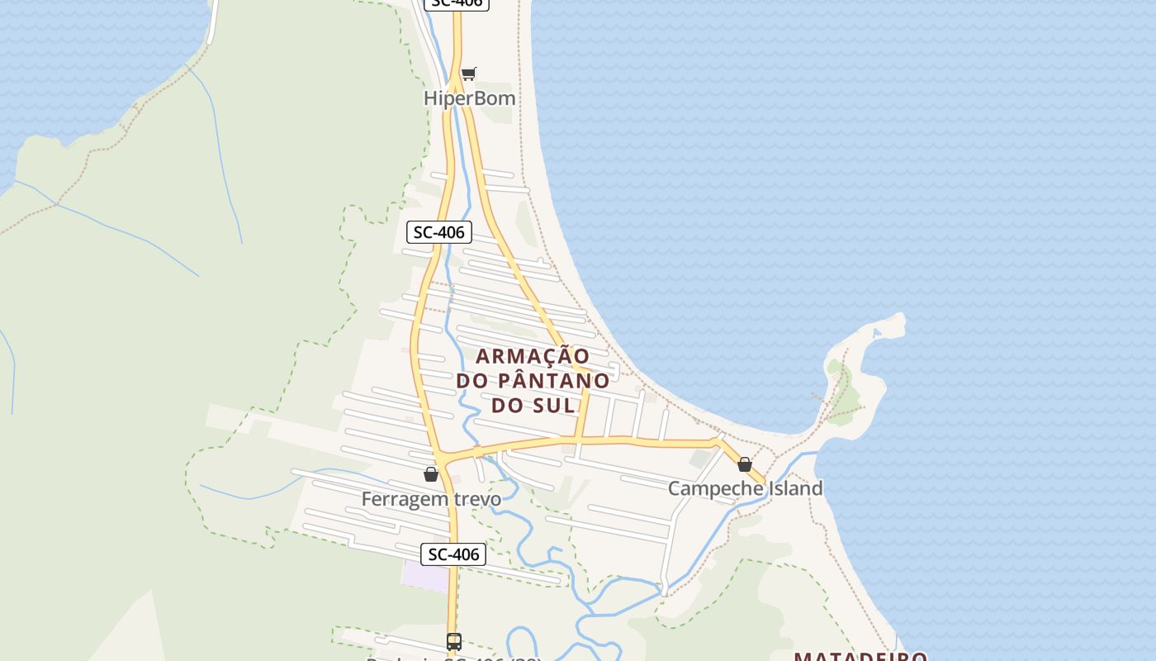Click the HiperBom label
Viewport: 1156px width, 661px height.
[469, 98]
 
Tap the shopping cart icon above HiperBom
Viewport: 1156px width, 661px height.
[468, 74]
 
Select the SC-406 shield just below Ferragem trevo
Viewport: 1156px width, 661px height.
[452, 554]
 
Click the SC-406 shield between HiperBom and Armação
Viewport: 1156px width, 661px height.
[439, 232]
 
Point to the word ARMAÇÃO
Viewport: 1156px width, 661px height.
[533, 356]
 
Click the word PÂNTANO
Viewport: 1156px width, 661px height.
[554, 381]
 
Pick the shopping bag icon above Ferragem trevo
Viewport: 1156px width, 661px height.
[430, 474]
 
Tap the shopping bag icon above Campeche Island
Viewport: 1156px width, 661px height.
[744, 464]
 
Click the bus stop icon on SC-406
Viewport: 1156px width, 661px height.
[453, 641]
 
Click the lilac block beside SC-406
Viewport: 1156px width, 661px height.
[424, 575]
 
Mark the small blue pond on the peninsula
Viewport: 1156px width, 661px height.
[877, 334]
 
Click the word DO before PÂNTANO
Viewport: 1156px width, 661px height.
[472, 381]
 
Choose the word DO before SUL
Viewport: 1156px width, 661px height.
[509, 406]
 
